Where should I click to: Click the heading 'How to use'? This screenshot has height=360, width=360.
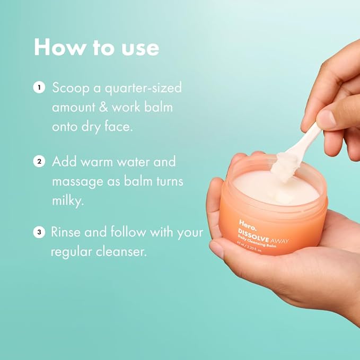96,47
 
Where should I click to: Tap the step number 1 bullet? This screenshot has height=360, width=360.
39,87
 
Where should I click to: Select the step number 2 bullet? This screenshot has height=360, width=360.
39,161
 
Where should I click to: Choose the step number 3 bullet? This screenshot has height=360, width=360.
39,232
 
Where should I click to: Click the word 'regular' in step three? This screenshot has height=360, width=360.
72,252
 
